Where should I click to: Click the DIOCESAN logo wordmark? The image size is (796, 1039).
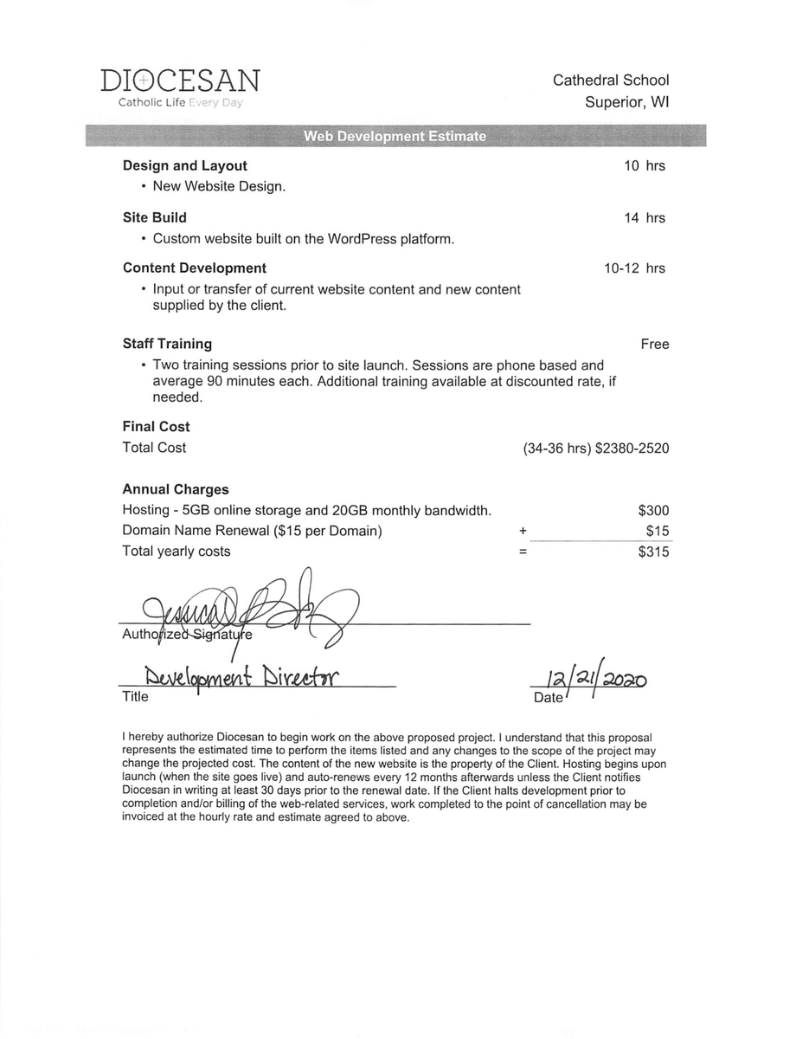click(179, 81)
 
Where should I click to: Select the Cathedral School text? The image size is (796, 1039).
click(611, 81)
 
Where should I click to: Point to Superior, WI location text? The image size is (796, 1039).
click(626, 102)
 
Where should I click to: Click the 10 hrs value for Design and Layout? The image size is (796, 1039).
click(645, 165)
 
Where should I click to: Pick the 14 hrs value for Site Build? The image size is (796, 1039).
click(645, 218)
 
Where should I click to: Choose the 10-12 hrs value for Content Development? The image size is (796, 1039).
click(634, 268)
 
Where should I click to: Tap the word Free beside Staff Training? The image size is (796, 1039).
click(655, 345)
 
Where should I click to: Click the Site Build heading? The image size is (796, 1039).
click(154, 218)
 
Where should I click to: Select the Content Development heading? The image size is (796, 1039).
click(195, 268)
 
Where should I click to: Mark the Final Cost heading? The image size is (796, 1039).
click(156, 427)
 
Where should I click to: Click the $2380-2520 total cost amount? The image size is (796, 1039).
click(632, 449)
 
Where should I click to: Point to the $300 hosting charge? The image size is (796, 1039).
click(653, 511)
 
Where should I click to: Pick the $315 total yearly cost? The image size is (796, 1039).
click(653, 552)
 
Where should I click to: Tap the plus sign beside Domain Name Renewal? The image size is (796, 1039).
click(523, 531)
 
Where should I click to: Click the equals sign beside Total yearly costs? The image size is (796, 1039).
click(523, 552)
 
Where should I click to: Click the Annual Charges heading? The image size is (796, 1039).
click(176, 489)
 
